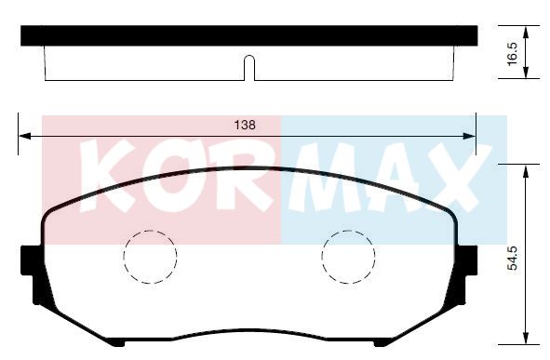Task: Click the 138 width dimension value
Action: [245, 125]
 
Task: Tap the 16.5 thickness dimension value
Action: [512, 54]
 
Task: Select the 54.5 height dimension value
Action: [512, 258]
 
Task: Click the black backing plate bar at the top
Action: [249, 35]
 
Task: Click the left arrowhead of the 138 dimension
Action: [24, 136]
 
